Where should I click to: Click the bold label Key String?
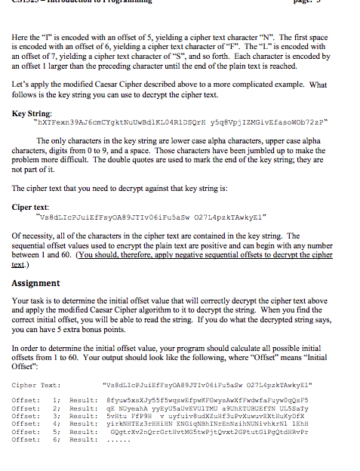[x=31, y=113]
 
